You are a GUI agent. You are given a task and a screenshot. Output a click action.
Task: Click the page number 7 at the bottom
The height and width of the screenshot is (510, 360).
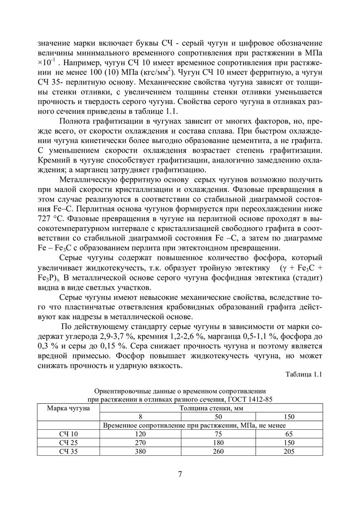pyautogui.click(x=180, y=474)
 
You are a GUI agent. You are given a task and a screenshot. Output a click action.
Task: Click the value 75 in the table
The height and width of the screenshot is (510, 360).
pyautogui.click(x=218, y=434)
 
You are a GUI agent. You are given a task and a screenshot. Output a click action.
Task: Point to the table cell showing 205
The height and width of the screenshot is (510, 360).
pyautogui.click(x=289, y=451)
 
